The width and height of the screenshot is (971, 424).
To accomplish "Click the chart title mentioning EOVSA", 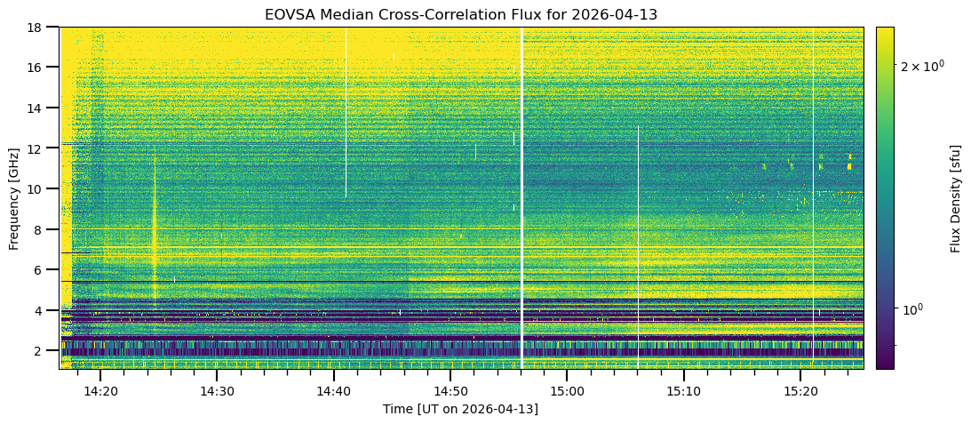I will click(x=461, y=15).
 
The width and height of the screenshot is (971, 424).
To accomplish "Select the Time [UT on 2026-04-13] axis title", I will click(x=461, y=409).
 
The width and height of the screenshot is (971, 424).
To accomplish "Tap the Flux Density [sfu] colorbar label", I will click(x=957, y=197).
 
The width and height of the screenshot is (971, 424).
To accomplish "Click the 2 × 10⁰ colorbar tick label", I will click(x=921, y=67).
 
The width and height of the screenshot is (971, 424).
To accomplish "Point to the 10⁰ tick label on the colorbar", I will click(x=914, y=309).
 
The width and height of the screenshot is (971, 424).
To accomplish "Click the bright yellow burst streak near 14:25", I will click(x=155, y=231).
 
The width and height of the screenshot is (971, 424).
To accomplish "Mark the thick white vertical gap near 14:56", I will click(x=521, y=196).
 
